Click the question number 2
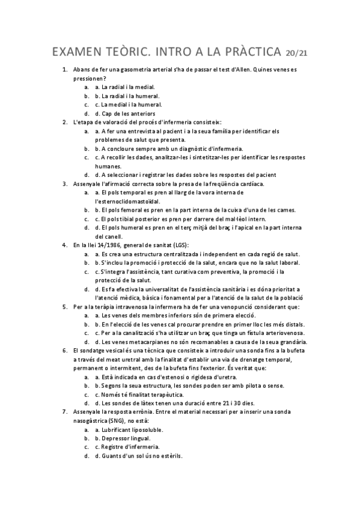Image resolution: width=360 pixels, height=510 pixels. tap(65, 122)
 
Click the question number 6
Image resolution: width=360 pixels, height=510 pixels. tap(65, 350)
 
